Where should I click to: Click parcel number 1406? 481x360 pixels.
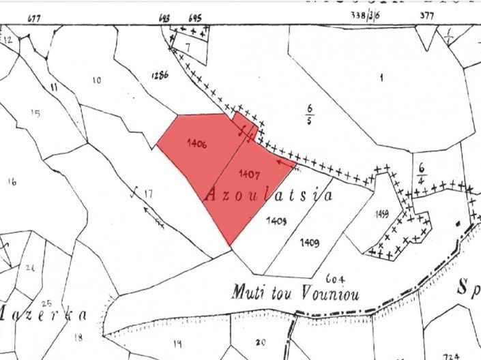click(x=196, y=144)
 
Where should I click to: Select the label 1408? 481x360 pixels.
click(x=276, y=220)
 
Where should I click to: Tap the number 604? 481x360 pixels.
click(x=334, y=278)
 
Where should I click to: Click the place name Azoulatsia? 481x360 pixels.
click(x=268, y=196)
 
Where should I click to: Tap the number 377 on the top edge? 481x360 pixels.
click(x=427, y=14)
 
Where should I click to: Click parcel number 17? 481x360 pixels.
click(x=148, y=194)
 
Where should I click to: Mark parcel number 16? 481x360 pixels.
click(x=11, y=181)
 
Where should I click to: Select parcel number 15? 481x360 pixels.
click(x=35, y=113)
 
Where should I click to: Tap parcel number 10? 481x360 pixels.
click(x=96, y=81)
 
